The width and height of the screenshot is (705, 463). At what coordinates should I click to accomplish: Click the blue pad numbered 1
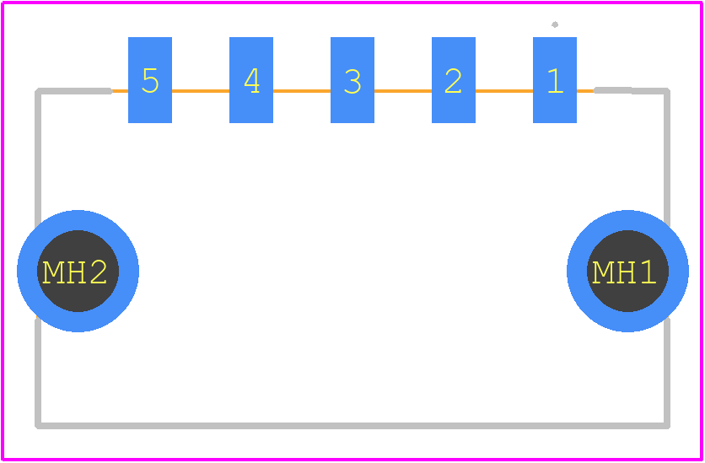[x=554, y=79]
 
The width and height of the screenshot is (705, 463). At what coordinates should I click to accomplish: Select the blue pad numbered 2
[x=453, y=79]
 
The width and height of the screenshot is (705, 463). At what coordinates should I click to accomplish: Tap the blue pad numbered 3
[x=352, y=79]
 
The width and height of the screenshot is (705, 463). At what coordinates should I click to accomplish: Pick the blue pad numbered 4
[x=251, y=79]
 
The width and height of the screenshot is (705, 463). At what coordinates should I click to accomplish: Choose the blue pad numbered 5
[x=150, y=79]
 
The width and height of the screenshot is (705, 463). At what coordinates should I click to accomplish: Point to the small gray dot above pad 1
[x=555, y=24]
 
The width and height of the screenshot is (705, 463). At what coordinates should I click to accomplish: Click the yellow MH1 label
[x=624, y=272]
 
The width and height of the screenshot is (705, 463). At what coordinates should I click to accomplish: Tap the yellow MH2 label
[x=75, y=272]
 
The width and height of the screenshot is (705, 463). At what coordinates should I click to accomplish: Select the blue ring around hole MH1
[x=627, y=220]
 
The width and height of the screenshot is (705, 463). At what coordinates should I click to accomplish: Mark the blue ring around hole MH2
[x=78, y=220]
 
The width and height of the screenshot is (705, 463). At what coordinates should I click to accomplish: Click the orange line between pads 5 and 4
[x=201, y=91]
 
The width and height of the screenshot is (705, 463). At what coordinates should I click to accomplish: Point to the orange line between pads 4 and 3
[x=302, y=91]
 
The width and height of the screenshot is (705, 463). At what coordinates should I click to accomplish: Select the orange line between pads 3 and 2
[x=403, y=91]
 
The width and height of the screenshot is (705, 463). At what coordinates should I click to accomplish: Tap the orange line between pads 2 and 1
[x=504, y=91]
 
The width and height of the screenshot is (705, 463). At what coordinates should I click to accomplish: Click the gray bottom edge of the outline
[x=352, y=426]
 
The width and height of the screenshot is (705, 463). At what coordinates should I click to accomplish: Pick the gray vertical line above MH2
[x=38, y=158]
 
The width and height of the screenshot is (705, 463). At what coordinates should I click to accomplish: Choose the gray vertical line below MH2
[x=38, y=372]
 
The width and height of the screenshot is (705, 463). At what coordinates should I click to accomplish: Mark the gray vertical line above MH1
[x=667, y=158]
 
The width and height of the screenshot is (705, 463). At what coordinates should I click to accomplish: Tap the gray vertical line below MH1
[x=667, y=372]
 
